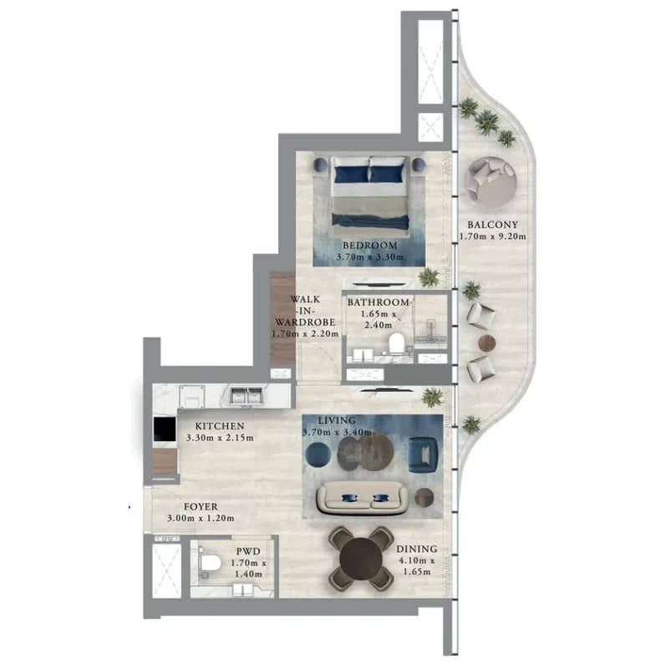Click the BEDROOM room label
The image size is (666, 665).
point(370,245)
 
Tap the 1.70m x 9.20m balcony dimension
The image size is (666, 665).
point(493,236)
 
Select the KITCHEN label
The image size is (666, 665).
point(220,425)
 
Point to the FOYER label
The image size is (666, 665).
point(201,506)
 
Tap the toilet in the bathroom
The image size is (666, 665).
point(397,343)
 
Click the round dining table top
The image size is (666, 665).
point(361,559)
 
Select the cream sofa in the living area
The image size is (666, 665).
point(363,498)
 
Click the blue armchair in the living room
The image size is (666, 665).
point(423,454)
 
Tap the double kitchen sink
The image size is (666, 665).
point(246,396)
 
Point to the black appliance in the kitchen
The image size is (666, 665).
point(165,429)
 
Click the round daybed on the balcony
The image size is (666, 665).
point(491,183)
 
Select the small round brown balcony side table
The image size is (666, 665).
point(487,343)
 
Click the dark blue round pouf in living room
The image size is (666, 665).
point(318,454)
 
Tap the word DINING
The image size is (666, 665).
point(417,549)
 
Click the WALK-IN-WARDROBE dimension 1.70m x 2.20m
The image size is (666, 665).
point(305,334)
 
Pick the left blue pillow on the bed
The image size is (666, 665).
point(351,174)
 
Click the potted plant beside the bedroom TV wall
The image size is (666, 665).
point(429,277)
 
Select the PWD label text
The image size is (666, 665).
point(248,551)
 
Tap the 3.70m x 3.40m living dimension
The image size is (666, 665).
point(337,432)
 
